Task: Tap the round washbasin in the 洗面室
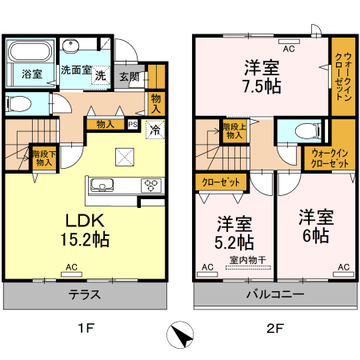click(70, 46)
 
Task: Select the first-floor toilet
click(18, 104)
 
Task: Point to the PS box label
click(133, 125)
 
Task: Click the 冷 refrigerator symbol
click(155, 130)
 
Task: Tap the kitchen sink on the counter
click(102, 185)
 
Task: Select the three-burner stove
click(151, 185)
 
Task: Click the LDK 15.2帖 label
click(85, 230)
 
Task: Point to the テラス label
click(85, 294)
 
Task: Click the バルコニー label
click(275, 294)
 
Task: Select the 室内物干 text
click(248, 260)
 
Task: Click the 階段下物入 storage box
click(44, 158)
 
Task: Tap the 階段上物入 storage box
click(234, 131)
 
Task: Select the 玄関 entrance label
click(130, 77)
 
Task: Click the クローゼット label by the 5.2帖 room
click(221, 182)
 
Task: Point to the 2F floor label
click(275, 328)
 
